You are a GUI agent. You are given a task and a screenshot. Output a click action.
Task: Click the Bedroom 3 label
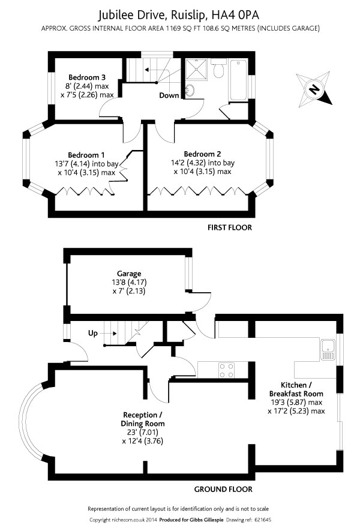(x=87, y=77)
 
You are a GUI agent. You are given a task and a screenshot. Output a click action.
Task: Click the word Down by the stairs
(x=168, y=95)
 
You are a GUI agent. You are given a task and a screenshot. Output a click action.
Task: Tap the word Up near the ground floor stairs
(x=93, y=332)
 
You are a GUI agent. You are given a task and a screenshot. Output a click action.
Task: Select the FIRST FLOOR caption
(x=230, y=227)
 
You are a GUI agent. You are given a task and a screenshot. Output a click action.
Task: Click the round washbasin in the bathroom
(x=191, y=90)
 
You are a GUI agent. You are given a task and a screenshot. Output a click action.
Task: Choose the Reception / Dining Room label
(x=143, y=419)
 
